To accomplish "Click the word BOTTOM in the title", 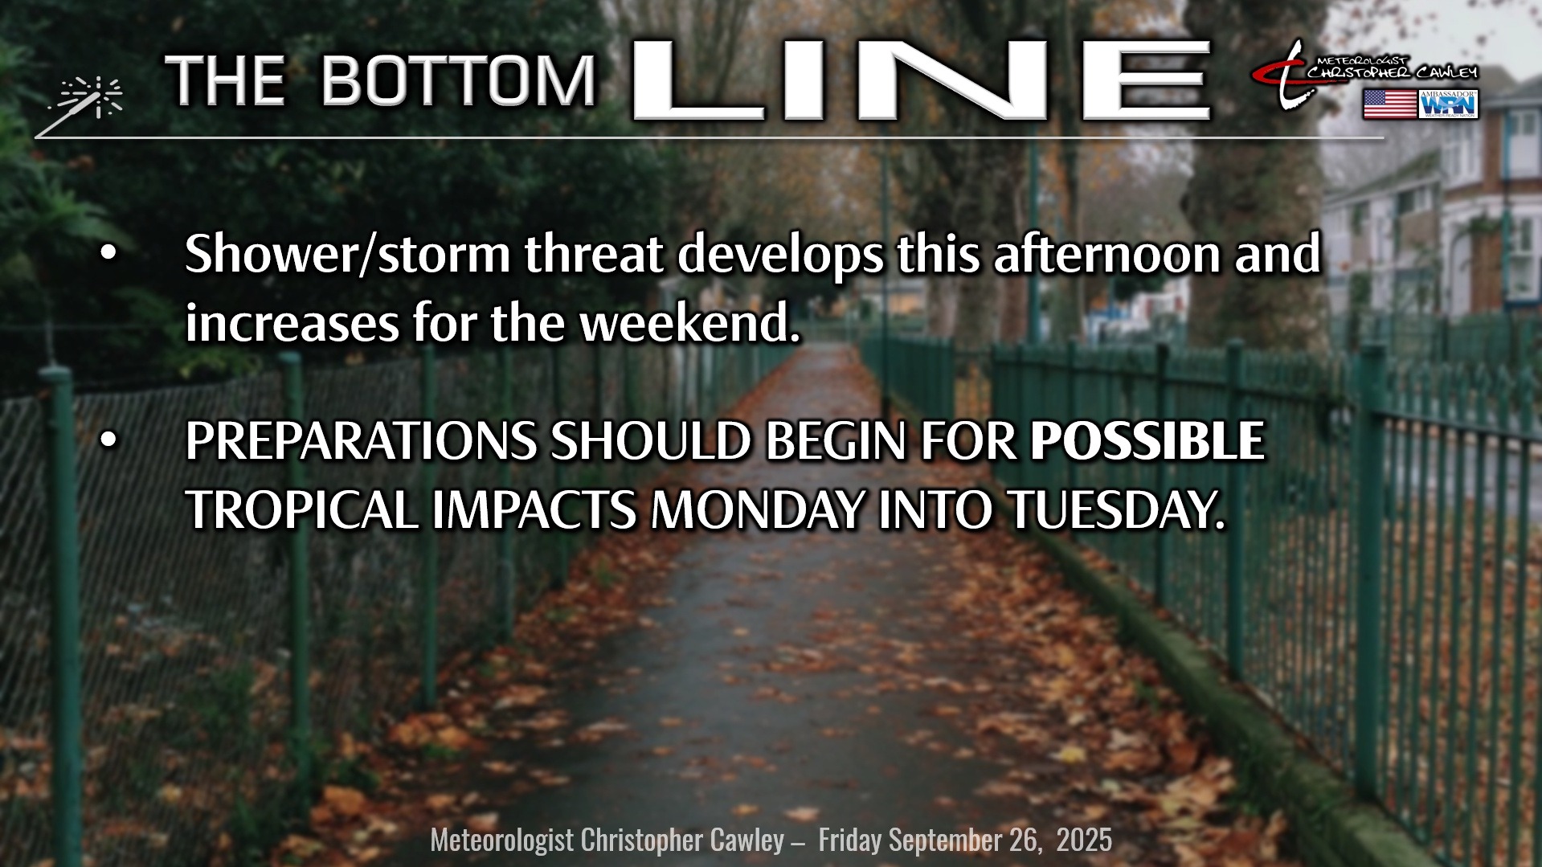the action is point(459,81).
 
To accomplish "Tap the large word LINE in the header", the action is point(922,80).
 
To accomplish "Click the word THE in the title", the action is point(225,81).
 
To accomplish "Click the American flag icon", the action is point(1389,104).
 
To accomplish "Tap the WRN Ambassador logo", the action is point(1449,104).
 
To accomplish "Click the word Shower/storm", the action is point(347,255).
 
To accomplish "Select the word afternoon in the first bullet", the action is point(1106,254).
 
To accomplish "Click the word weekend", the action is point(689,323).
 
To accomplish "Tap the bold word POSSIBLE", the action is point(1147,441).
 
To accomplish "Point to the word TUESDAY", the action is point(1117,510).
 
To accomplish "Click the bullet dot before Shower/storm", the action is point(108,254).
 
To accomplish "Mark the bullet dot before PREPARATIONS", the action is point(108,440).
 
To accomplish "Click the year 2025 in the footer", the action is point(1084,840).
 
